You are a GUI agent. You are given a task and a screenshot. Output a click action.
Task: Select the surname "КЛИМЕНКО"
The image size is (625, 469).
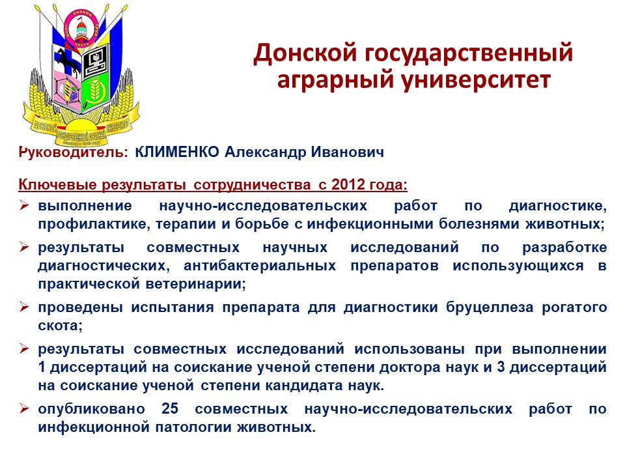[177, 152]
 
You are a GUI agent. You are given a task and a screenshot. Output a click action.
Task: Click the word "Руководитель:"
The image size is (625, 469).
[74, 152]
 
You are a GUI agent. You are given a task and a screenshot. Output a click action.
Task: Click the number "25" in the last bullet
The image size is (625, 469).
[170, 409]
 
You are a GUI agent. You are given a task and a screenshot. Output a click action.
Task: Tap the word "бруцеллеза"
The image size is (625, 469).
[490, 307]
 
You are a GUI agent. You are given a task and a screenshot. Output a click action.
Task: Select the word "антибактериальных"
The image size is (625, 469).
[260, 266]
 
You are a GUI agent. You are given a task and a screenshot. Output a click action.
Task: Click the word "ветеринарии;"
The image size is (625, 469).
[196, 284]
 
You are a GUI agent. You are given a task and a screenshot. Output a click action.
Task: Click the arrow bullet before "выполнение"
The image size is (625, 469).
[24, 205]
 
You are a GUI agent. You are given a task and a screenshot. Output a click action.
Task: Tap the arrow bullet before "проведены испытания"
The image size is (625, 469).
[24, 307]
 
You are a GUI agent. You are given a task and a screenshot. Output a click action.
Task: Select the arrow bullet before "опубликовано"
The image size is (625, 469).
[24, 408]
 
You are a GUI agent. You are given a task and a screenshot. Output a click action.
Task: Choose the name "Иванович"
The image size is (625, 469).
[347, 152]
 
